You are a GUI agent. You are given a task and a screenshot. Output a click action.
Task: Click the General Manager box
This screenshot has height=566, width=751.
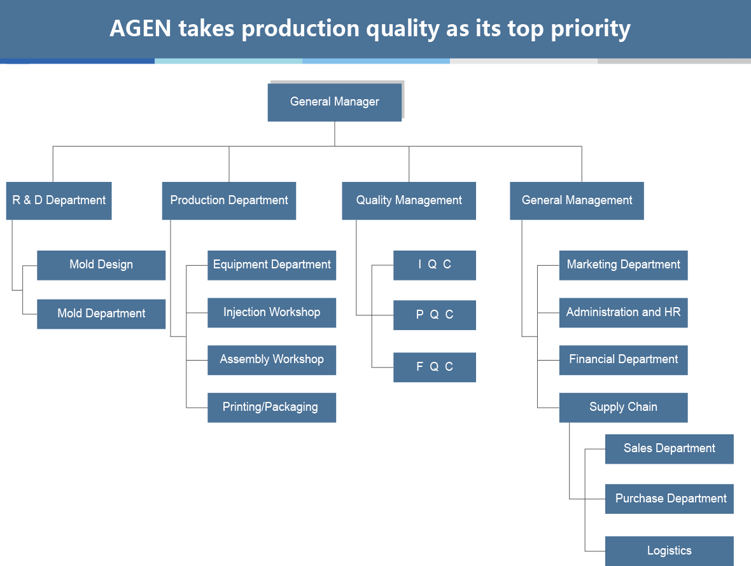click(334, 102)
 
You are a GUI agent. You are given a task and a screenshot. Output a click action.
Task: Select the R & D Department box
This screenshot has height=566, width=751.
click(59, 200)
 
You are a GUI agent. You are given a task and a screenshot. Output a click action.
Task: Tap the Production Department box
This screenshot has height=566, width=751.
click(229, 200)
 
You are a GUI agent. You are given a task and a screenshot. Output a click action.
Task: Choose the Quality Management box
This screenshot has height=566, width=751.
click(409, 200)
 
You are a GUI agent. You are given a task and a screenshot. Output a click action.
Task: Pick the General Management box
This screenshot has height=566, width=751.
click(577, 200)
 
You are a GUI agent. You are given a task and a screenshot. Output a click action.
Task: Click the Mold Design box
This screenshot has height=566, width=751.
click(101, 265)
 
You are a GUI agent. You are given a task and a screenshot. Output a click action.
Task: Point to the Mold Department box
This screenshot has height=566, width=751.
click(101, 314)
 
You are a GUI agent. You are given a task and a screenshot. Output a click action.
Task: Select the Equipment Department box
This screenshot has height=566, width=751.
click(272, 265)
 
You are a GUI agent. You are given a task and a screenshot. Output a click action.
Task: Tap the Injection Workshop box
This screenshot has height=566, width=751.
click(272, 312)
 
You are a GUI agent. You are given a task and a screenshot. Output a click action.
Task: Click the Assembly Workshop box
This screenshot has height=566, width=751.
click(272, 360)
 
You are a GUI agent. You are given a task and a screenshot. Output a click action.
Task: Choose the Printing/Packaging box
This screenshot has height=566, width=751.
click(272, 408)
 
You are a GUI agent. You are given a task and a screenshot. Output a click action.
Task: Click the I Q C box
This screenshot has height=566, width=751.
click(435, 265)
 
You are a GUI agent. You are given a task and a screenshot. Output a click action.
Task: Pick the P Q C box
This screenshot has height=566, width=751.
click(435, 315)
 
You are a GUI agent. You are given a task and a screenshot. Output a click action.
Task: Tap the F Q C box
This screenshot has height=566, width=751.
click(435, 367)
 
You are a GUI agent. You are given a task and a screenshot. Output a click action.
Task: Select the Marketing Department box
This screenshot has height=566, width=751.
click(623, 265)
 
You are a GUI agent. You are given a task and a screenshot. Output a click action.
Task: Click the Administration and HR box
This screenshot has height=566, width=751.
click(623, 312)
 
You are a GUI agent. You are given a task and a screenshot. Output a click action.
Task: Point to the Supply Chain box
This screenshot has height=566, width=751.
click(623, 408)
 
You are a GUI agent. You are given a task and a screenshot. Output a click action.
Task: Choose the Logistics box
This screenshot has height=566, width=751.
click(669, 551)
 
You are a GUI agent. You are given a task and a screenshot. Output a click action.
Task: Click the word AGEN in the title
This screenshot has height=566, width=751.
click(140, 28)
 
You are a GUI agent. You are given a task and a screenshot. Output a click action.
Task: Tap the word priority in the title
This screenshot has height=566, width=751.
click(591, 29)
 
